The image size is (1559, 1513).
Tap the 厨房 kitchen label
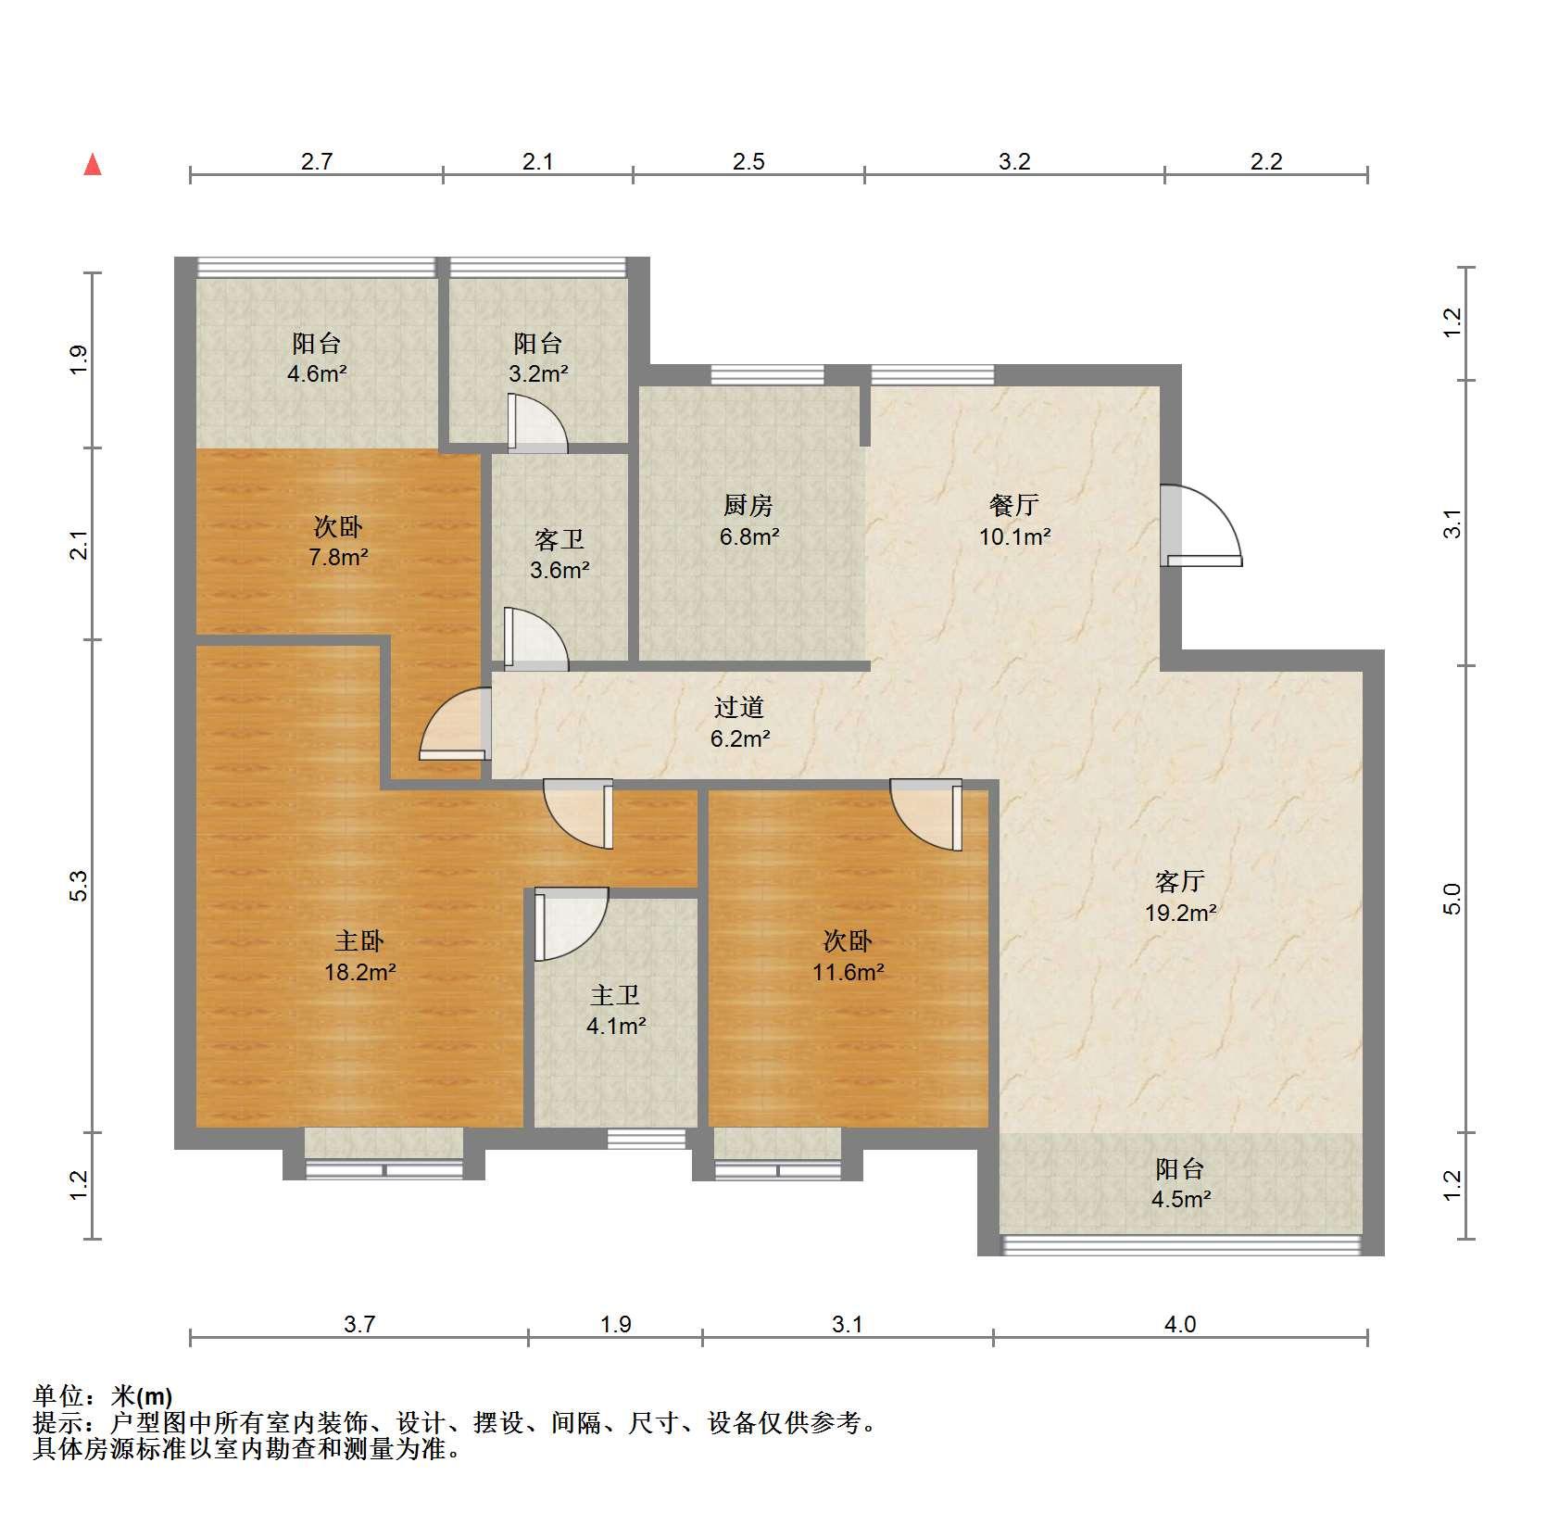coord(748,505)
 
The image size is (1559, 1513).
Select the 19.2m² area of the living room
coord(1180,913)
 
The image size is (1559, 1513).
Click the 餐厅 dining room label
coord(1014,505)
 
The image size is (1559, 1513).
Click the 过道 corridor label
coord(739,707)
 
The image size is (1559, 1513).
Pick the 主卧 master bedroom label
coord(358,941)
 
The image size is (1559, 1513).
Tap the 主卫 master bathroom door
coord(571,924)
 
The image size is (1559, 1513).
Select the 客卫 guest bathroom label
coord(559,538)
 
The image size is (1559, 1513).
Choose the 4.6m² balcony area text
coord(316,374)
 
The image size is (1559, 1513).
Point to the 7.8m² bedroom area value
coord(338,558)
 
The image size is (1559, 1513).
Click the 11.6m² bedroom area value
coord(848,973)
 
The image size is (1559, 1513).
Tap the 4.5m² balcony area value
coord(1180,1200)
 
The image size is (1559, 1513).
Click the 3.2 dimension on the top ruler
coord(1014,161)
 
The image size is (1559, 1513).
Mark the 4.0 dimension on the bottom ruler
coord(1180,1324)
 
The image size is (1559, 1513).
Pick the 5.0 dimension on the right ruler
coord(1452,899)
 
